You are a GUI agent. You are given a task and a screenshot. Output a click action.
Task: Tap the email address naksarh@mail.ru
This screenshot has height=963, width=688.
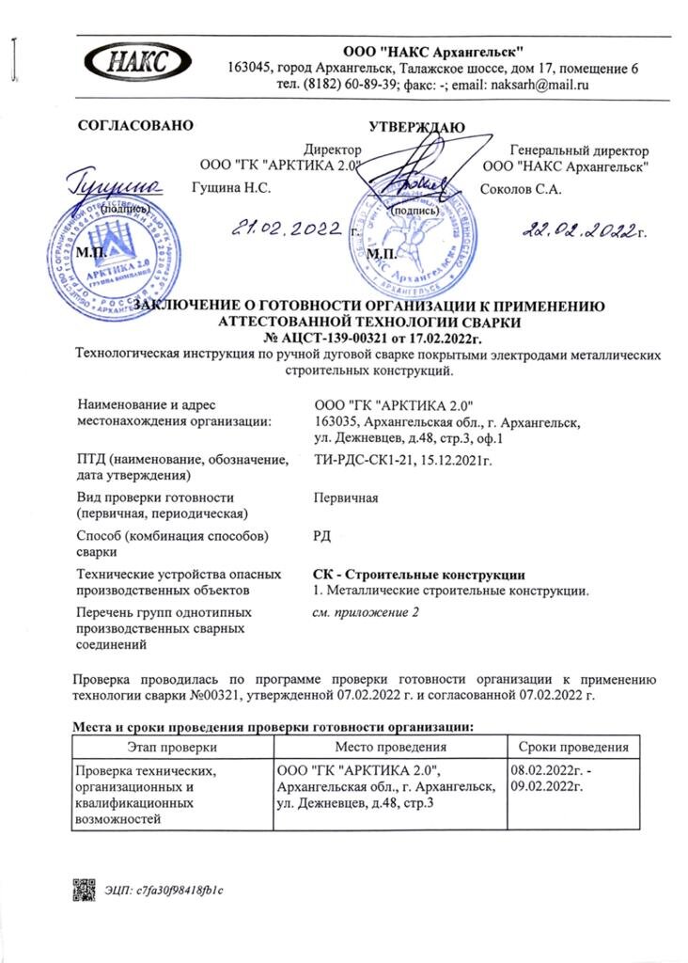535,85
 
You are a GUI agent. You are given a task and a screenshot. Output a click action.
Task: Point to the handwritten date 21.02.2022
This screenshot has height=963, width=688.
289,228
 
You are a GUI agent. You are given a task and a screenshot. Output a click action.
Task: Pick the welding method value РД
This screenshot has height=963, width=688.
321,536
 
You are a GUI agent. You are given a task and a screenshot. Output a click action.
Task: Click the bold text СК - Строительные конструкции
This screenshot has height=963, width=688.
418,575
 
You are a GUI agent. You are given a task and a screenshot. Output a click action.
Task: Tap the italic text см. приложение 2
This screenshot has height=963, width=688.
365,613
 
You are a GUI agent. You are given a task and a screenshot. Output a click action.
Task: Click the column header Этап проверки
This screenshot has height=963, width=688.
172,748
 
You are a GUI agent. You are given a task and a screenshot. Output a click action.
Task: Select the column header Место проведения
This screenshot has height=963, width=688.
388,748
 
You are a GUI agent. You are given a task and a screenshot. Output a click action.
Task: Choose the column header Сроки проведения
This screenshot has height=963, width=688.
568,748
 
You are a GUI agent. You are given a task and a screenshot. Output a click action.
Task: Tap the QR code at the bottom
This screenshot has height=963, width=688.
85,888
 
